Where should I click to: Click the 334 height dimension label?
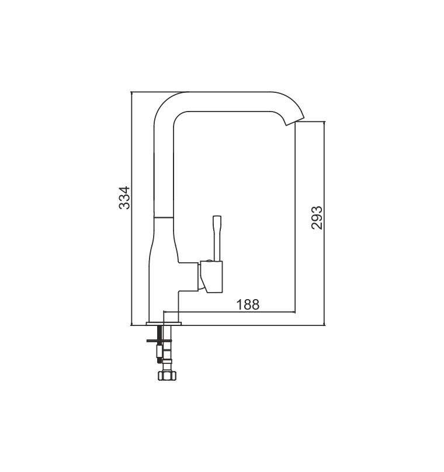124,198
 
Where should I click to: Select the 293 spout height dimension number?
317,218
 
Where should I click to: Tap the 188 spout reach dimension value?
248,304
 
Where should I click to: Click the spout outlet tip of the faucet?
295,120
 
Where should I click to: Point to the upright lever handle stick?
217,238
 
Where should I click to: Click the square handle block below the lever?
211,277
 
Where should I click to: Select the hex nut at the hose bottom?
167,376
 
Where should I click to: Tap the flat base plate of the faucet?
164,324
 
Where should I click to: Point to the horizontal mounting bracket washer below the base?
159,341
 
